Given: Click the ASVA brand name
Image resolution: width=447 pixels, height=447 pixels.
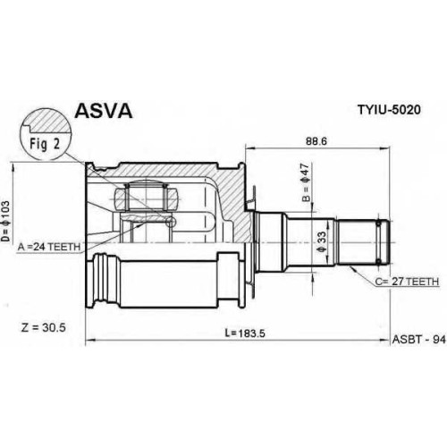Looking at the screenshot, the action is (x=103, y=111).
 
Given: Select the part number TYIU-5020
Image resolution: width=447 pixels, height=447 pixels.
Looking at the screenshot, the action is (x=389, y=110).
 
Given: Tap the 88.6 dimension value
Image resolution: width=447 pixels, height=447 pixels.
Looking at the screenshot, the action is (x=316, y=141).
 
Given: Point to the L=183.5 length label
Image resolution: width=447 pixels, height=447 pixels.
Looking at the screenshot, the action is (x=245, y=333).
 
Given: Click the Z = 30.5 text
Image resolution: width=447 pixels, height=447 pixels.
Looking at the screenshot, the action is (x=44, y=328).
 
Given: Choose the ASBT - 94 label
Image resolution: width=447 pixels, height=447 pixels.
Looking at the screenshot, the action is (x=419, y=340).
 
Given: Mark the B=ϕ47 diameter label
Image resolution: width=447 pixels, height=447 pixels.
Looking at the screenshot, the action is (x=306, y=182).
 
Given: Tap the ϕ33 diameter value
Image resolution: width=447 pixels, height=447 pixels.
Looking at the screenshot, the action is (x=322, y=241).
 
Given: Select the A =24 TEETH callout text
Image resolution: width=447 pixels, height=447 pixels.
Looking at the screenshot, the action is (x=49, y=247).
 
